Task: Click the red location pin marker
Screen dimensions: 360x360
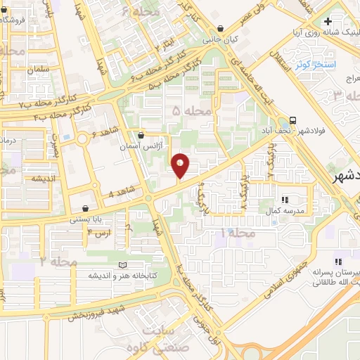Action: click(181, 165)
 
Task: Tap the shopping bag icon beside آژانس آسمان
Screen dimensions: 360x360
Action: click(141, 134)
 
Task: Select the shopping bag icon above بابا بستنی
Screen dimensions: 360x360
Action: click(86, 208)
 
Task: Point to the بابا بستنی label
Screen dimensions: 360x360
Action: click(86, 219)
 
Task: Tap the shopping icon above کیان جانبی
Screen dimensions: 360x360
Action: click(221, 29)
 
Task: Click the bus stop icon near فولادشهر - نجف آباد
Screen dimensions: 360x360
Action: click(292, 120)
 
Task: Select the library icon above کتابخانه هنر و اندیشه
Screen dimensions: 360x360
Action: click(124, 265)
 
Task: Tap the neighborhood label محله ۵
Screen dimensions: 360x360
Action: click(191, 110)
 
